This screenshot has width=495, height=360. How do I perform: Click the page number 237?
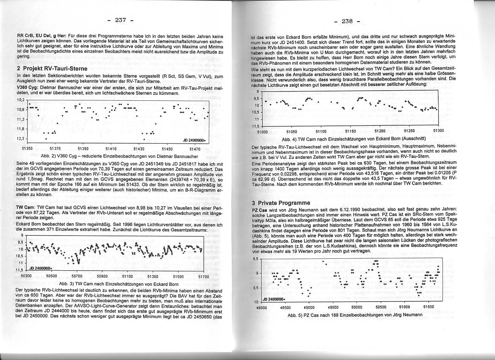[120, 20]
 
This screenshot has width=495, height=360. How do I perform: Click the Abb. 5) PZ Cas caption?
[355, 315]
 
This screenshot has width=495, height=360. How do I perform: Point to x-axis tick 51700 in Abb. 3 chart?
[204, 276]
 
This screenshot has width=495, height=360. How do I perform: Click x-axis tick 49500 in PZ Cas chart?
[333, 307]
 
